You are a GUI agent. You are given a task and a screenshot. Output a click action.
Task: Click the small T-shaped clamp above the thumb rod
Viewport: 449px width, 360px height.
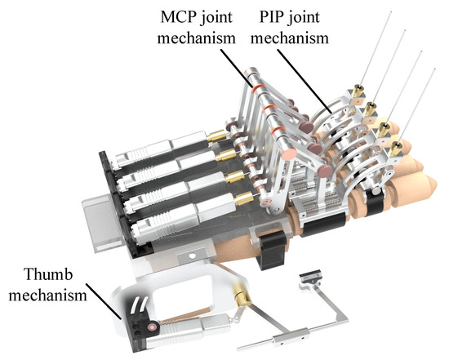[312, 278]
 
